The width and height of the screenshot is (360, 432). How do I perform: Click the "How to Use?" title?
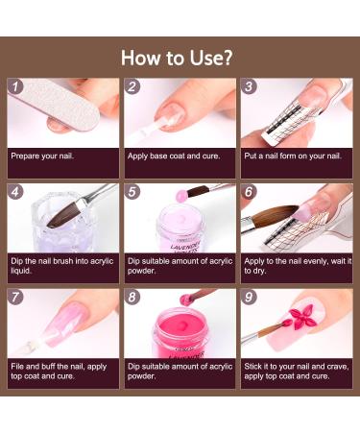click(x=177, y=58)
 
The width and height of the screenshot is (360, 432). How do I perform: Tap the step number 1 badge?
click(x=15, y=86)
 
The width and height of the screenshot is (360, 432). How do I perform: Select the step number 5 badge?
click(x=132, y=192)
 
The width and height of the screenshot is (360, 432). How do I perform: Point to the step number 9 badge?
click(x=249, y=298)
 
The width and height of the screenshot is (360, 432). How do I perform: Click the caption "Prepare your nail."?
click(x=42, y=156)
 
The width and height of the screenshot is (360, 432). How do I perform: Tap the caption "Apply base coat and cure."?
click(x=174, y=156)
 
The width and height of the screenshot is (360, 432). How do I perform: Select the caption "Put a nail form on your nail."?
click(x=293, y=156)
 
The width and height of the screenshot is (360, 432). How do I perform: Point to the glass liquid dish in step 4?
click(x=60, y=223)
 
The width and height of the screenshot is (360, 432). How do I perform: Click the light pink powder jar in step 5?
click(x=180, y=228)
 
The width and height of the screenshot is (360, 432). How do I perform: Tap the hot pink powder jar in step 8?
click(x=180, y=333)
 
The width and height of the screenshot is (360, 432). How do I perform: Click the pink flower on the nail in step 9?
click(x=300, y=318)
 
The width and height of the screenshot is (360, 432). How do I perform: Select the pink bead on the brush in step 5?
click(x=181, y=194)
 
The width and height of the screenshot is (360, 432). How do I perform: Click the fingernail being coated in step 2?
click(x=171, y=115)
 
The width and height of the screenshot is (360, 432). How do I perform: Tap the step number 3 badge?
click(x=249, y=86)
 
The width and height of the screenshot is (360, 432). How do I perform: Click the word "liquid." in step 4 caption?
click(x=21, y=271)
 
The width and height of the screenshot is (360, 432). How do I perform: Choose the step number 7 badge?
click(x=15, y=298)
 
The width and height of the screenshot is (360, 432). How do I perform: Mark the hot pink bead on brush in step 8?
click(x=185, y=300)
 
